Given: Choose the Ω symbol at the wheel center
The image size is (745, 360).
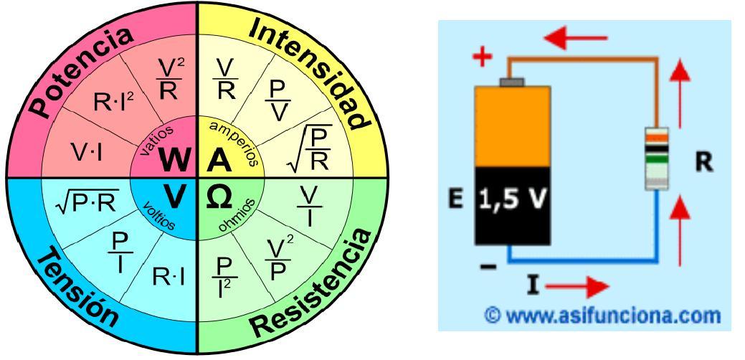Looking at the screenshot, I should (218, 195).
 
